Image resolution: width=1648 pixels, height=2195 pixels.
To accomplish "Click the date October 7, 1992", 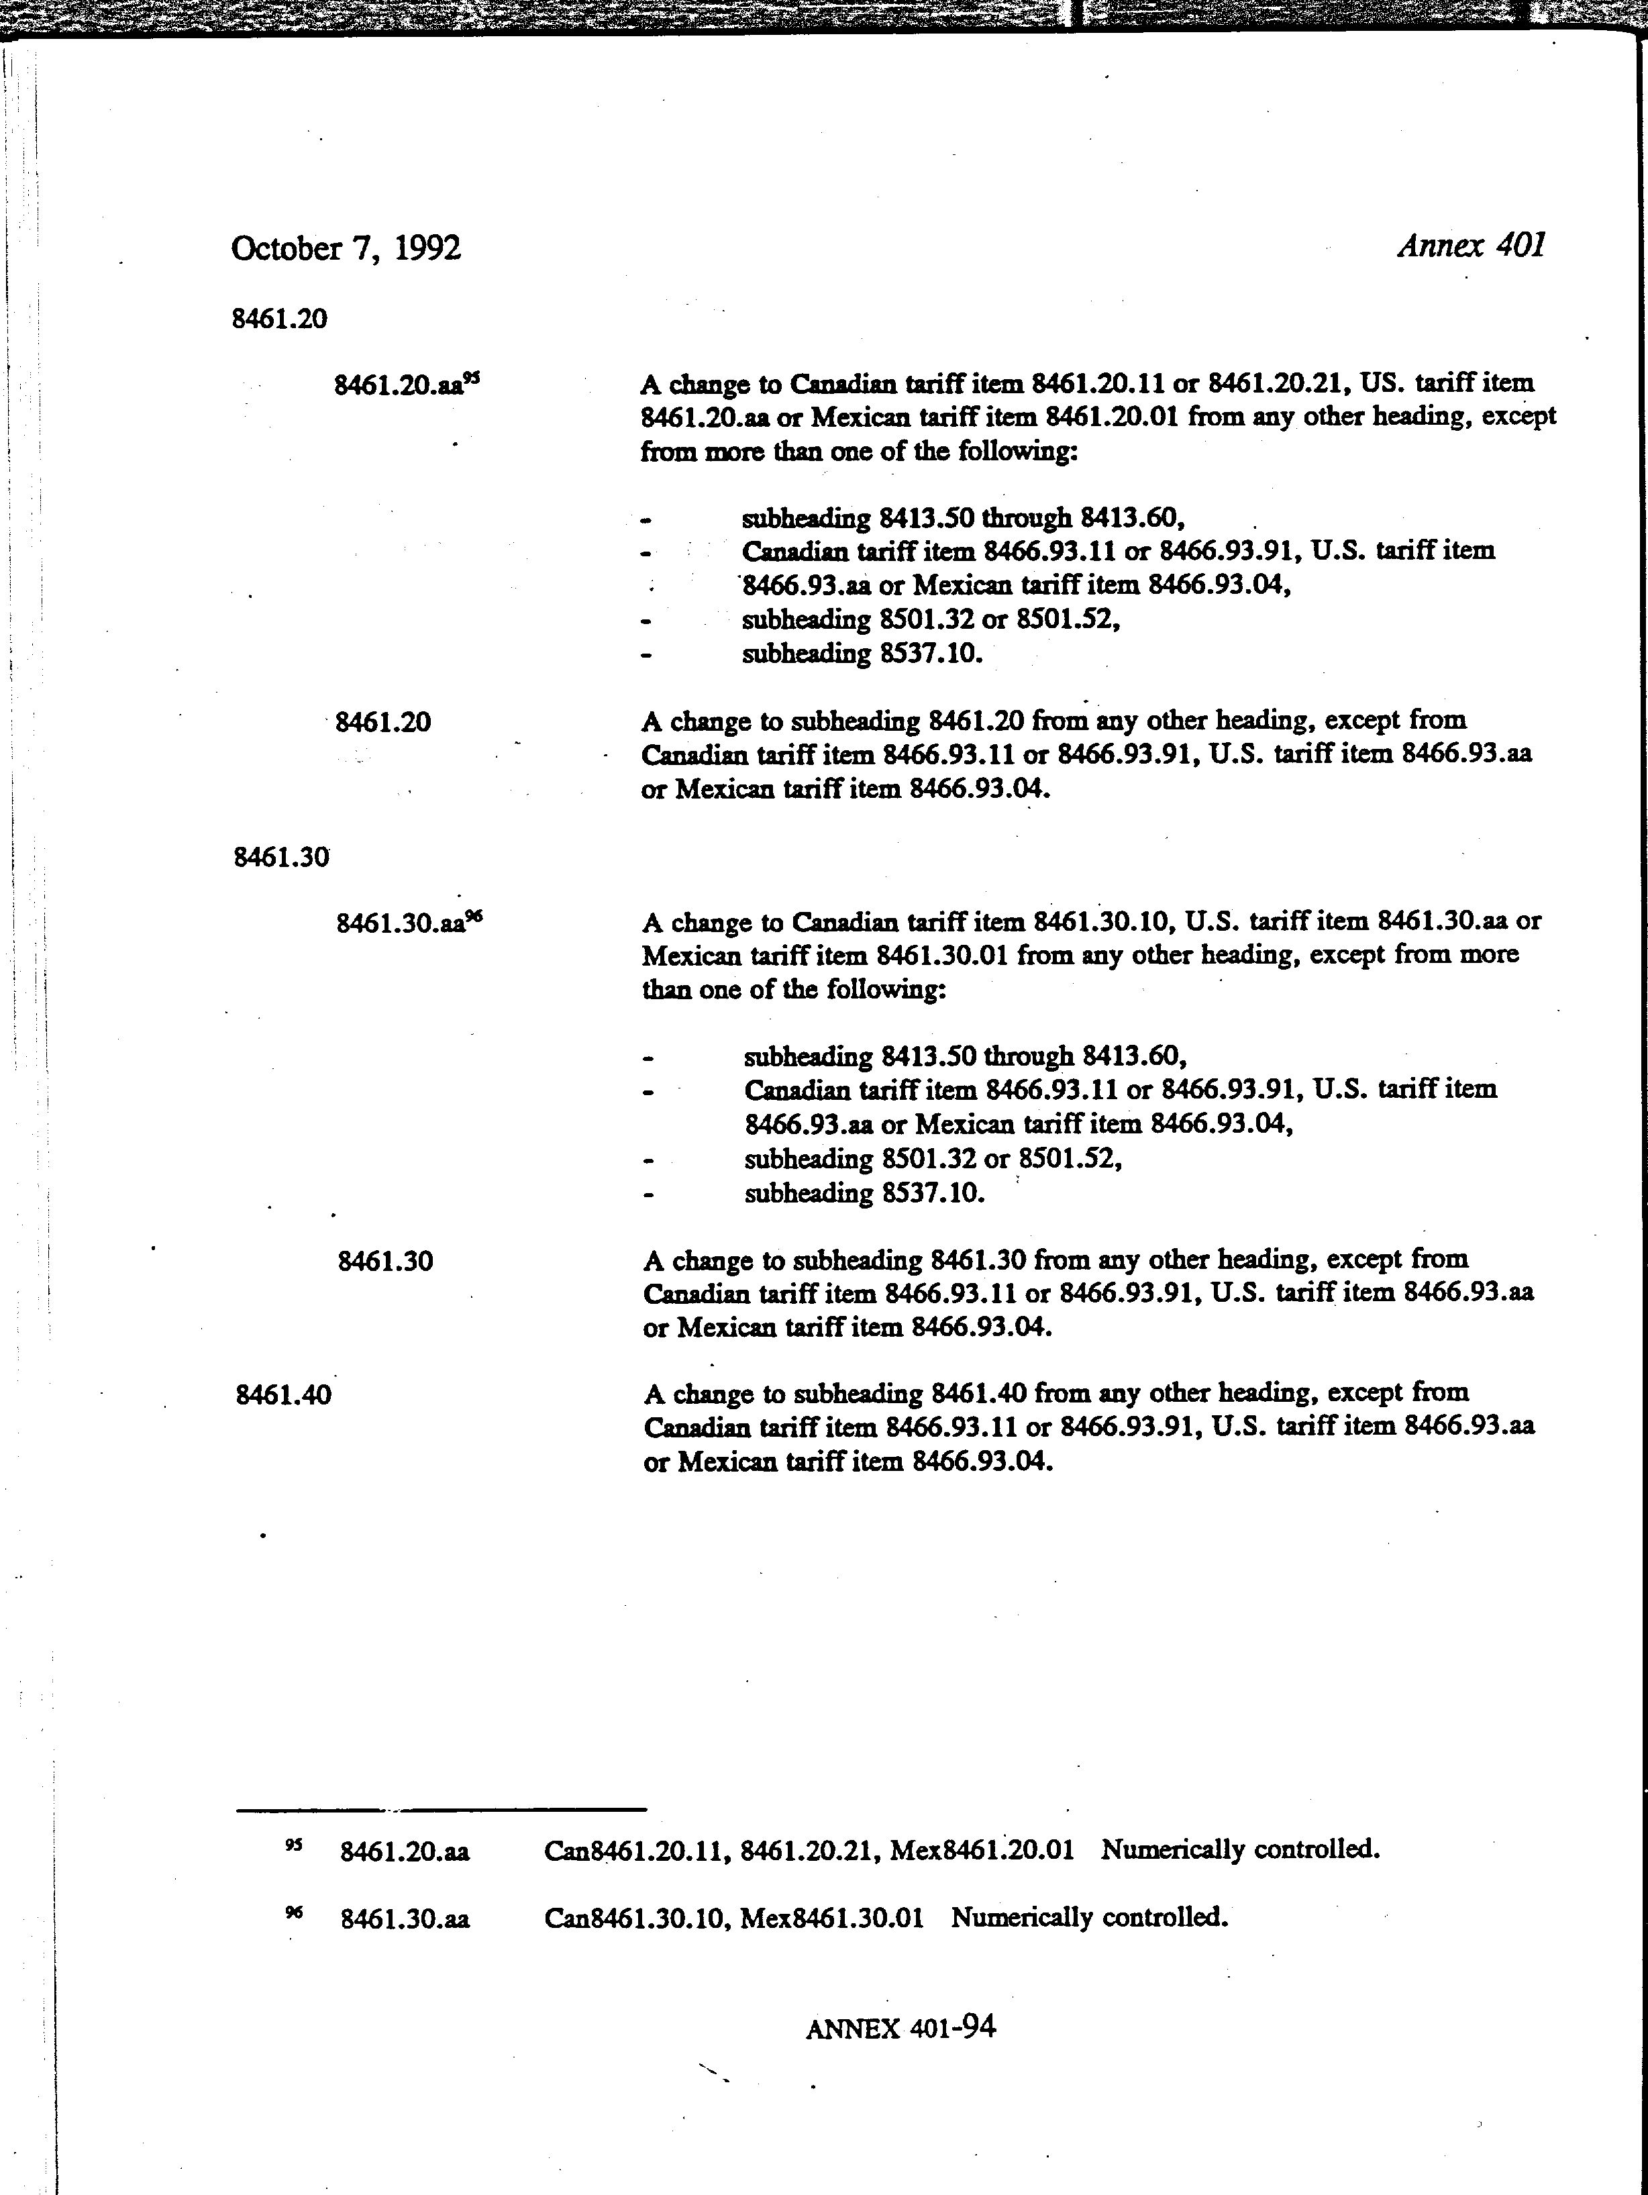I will [346, 248].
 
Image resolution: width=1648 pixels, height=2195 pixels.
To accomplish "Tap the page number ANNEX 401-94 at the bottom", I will [900, 2027].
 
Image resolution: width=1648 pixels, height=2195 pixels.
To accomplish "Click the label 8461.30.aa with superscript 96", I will [408, 923].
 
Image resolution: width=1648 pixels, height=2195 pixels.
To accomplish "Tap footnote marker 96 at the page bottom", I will [294, 1913].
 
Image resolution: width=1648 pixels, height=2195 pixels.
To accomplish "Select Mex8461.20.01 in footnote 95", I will [981, 1849].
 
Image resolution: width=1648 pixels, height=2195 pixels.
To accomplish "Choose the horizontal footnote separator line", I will [441, 1809].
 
